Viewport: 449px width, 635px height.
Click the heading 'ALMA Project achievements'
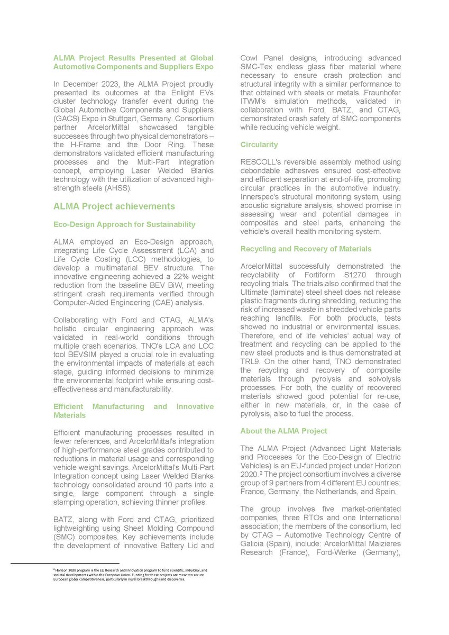[114, 206]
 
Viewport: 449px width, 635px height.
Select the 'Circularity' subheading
[259, 144]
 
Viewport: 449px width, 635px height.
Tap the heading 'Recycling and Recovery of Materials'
[306, 249]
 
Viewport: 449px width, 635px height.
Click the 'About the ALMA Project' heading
[283, 431]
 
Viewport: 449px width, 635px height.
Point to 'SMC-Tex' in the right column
[256, 67]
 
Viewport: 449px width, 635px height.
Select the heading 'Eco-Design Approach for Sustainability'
[124, 224]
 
